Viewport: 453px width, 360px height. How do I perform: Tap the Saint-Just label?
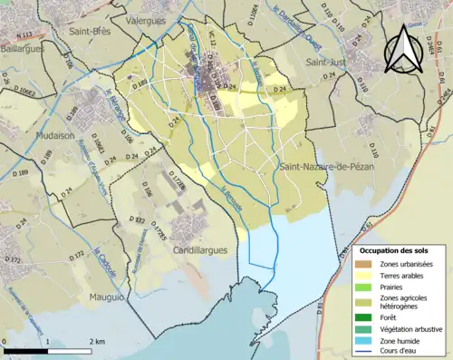(327, 62)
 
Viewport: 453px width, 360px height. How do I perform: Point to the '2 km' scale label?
(98, 341)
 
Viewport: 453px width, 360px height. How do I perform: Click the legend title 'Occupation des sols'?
(400, 249)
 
